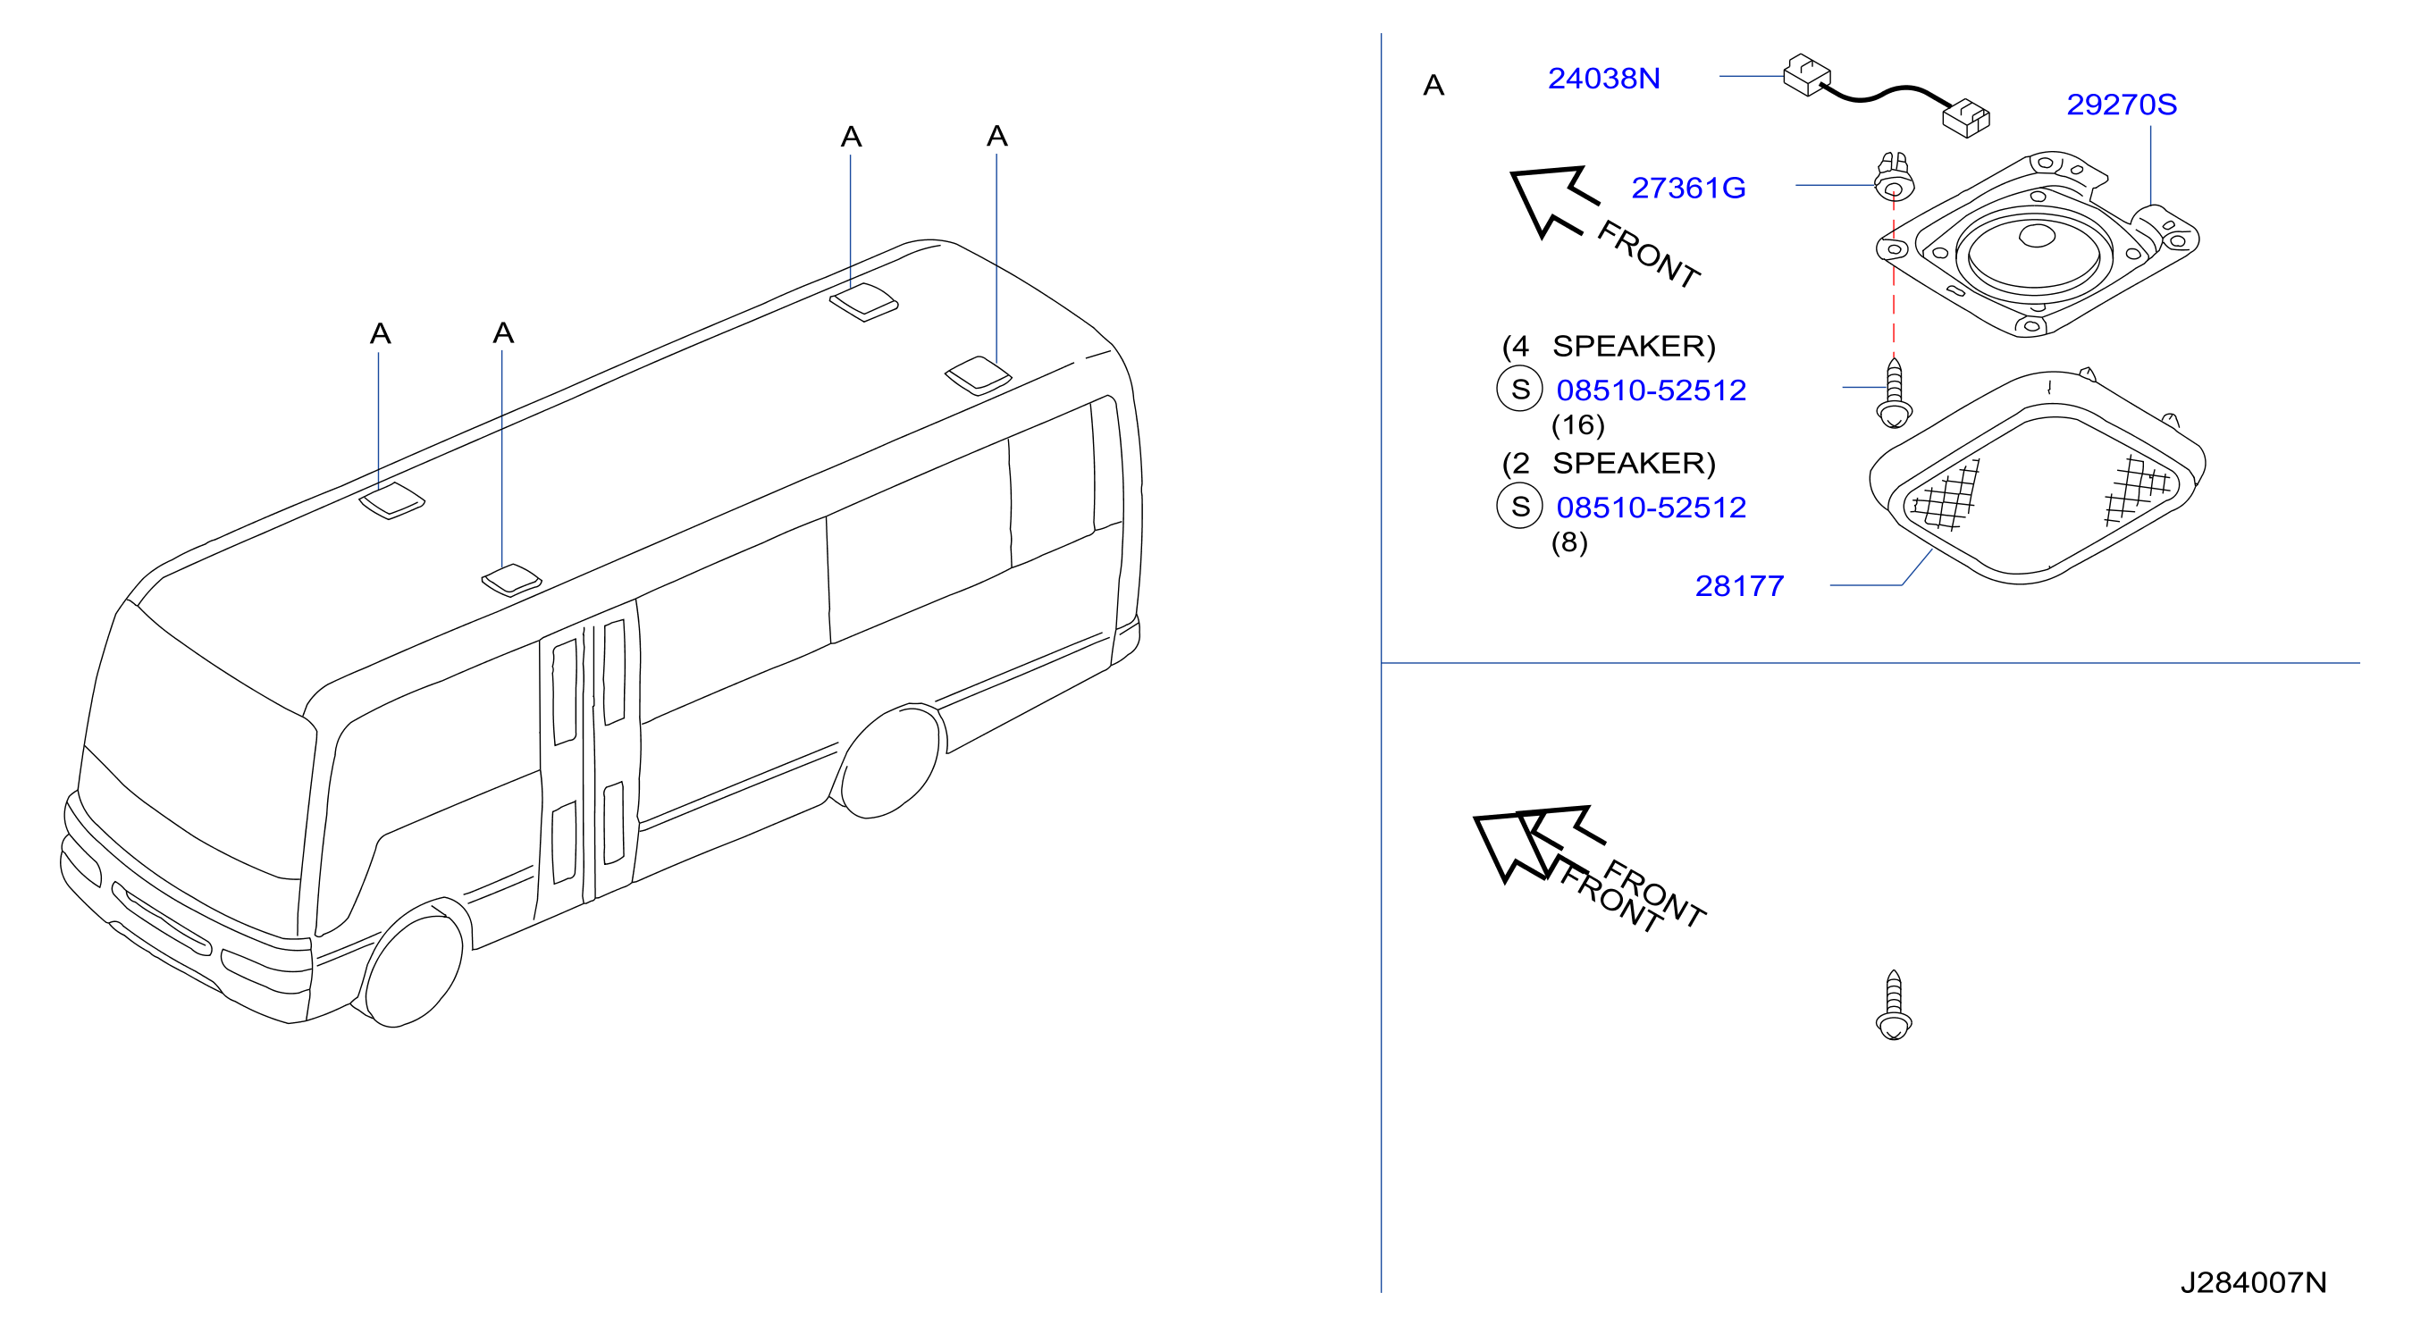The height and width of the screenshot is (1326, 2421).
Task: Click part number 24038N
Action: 1603,78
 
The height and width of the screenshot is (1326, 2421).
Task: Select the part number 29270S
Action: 2122,105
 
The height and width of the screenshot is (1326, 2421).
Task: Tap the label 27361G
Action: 1688,188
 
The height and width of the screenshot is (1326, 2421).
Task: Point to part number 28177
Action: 1739,585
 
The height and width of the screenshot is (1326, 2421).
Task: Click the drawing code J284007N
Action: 2253,1282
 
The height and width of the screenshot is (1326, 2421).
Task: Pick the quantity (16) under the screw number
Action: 1578,424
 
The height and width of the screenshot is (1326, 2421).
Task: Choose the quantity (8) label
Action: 1568,542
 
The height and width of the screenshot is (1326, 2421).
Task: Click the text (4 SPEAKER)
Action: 1609,346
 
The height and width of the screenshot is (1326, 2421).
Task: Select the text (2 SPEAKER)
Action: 1609,464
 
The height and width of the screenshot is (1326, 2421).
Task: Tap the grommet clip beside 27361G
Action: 1893,178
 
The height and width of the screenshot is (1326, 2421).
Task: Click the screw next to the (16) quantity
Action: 1893,392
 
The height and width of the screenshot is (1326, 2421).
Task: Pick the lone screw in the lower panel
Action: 1893,1005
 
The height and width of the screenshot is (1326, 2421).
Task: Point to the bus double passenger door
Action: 588,761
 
